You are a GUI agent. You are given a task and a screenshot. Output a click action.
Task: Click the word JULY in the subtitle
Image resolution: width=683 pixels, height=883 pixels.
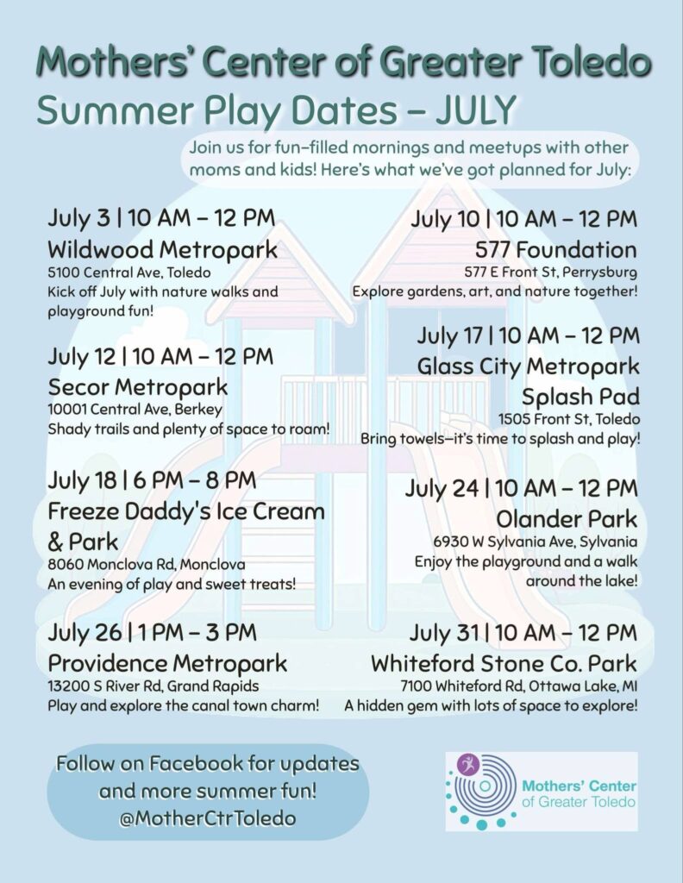click(474, 110)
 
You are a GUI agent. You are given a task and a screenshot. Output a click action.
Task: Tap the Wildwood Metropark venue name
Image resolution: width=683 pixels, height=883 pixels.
click(163, 249)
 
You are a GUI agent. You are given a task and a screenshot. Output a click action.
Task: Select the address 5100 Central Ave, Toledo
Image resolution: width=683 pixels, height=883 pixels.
click(129, 272)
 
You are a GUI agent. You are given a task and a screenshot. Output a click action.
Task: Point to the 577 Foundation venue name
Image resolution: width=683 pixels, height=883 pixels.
click(556, 249)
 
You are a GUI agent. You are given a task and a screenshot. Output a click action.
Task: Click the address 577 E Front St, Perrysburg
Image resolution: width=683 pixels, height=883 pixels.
click(551, 272)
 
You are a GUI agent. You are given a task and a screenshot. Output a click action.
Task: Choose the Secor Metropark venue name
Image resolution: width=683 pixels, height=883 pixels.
click(138, 387)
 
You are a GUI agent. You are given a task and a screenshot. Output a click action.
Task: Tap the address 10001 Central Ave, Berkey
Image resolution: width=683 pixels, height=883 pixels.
click(135, 410)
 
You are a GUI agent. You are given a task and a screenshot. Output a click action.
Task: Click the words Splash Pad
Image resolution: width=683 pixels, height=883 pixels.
click(580, 397)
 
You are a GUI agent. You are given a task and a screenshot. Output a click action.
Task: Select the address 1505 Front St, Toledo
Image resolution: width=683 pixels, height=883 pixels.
click(569, 420)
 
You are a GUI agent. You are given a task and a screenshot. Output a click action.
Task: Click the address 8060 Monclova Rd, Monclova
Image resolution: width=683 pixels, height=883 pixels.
click(147, 564)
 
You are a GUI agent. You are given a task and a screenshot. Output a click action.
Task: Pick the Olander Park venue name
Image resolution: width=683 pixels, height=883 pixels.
click(567, 519)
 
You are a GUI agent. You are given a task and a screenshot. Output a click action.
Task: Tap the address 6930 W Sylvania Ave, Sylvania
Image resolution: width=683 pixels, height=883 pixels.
click(536, 542)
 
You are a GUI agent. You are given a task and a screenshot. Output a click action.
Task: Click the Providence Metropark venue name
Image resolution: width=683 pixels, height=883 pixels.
click(168, 664)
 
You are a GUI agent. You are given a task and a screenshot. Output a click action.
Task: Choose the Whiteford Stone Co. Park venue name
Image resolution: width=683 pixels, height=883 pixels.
click(504, 664)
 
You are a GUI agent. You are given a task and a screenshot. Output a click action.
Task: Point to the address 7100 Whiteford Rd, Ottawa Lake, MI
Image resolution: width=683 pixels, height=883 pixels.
click(519, 686)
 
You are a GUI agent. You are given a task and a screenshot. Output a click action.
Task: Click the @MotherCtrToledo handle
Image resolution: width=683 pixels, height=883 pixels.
click(208, 818)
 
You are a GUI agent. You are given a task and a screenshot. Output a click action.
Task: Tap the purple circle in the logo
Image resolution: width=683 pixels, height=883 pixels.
click(469, 765)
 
